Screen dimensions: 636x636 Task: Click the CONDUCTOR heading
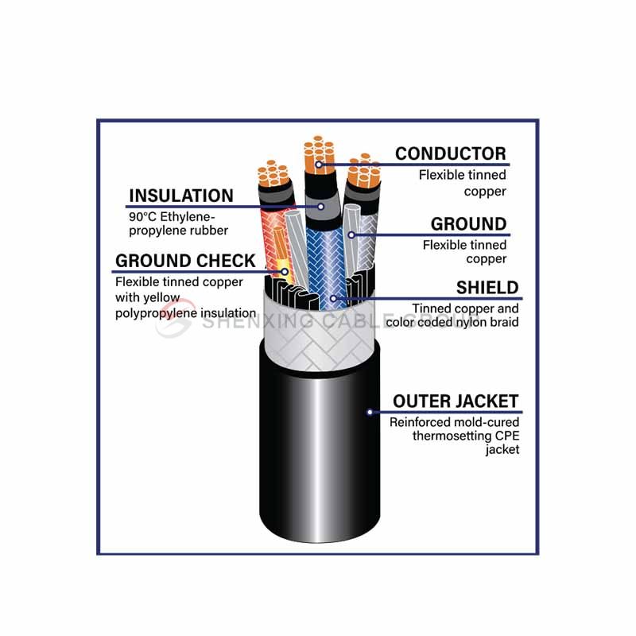(451, 153)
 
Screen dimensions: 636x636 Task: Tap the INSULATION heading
(181, 196)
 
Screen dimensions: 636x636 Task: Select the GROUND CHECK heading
(185, 261)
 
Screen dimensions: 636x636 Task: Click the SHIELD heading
(487, 288)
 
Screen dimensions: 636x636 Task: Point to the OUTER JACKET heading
(456, 401)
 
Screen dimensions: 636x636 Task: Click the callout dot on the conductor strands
(319, 165)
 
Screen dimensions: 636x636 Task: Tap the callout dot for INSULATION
(321, 207)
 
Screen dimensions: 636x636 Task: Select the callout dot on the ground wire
(351, 235)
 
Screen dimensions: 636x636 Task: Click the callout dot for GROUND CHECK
(285, 271)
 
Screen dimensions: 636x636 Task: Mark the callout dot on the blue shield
(333, 299)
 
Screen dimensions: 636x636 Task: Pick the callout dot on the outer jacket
(370, 412)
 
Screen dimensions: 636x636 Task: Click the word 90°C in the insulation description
(143, 216)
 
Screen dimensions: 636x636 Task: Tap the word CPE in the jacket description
(507, 436)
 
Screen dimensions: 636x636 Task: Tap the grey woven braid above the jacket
(319, 333)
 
